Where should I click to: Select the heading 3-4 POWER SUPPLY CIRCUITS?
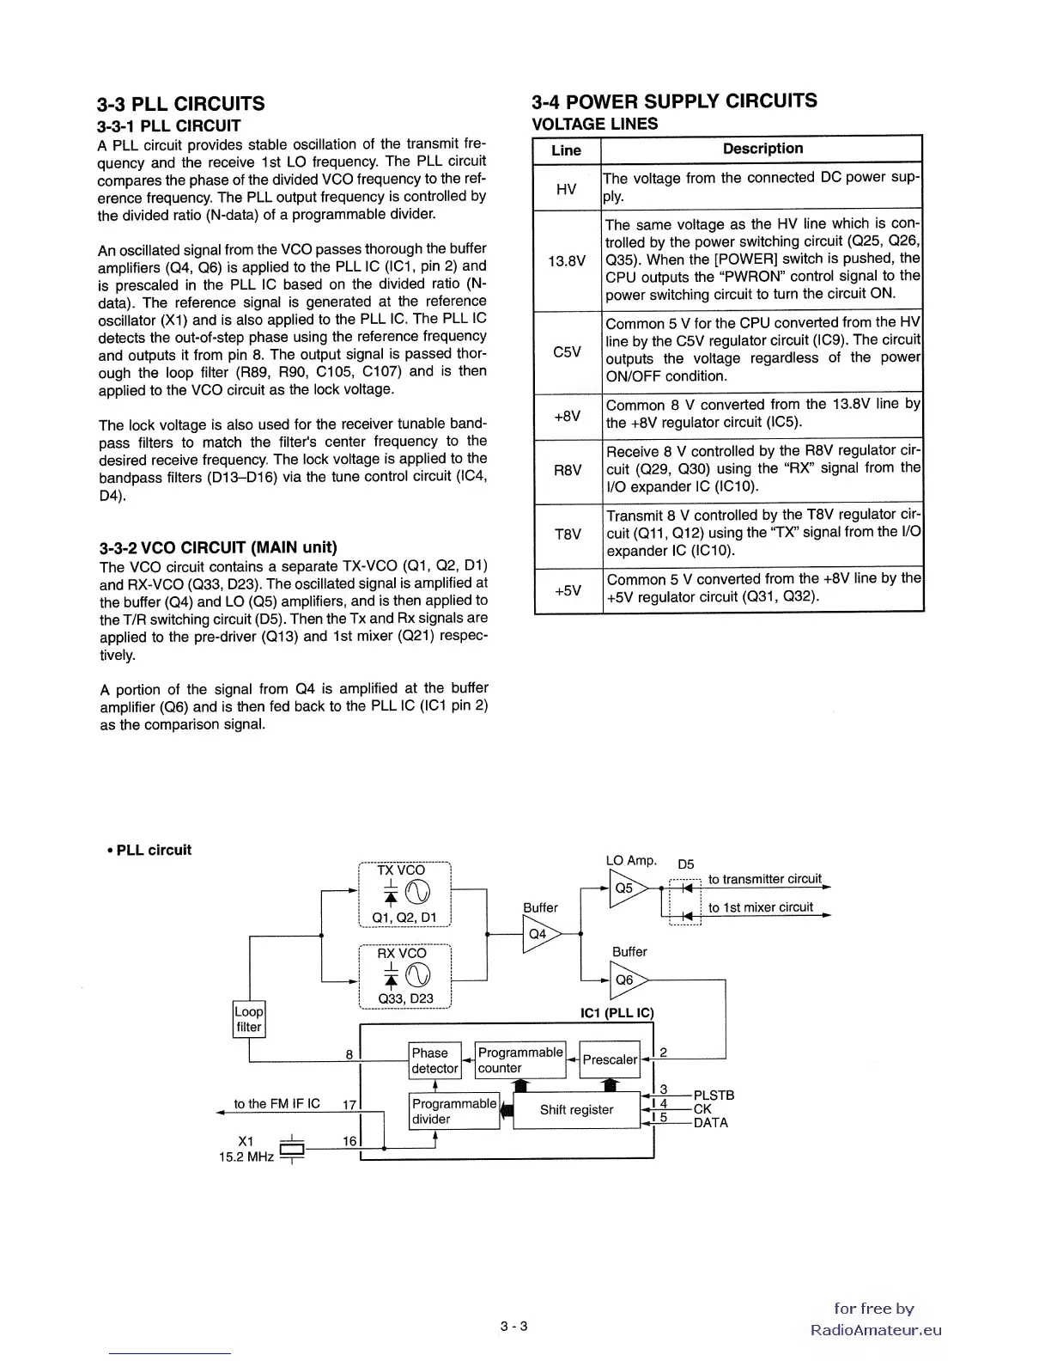[674, 101]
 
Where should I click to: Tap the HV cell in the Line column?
[567, 188]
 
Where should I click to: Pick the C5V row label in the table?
[567, 351]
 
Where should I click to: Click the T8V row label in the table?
[567, 534]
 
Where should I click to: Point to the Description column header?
[762, 149]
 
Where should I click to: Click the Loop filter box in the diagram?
[249, 1019]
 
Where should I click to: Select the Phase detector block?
[434, 1060]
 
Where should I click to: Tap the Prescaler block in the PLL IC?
[610, 1059]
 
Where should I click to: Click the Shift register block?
[576, 1110]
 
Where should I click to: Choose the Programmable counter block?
[520, 1059]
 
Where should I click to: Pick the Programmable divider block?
[454, 1111]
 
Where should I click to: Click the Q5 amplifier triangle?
[625, 888]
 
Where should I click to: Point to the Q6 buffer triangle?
[626, 980]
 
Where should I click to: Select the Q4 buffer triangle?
[539, 934]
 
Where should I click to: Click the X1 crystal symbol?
[293, 1149]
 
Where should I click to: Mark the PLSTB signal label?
[714, 1096]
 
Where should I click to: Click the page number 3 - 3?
[514, 1326]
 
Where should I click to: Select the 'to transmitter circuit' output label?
[764, 879]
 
